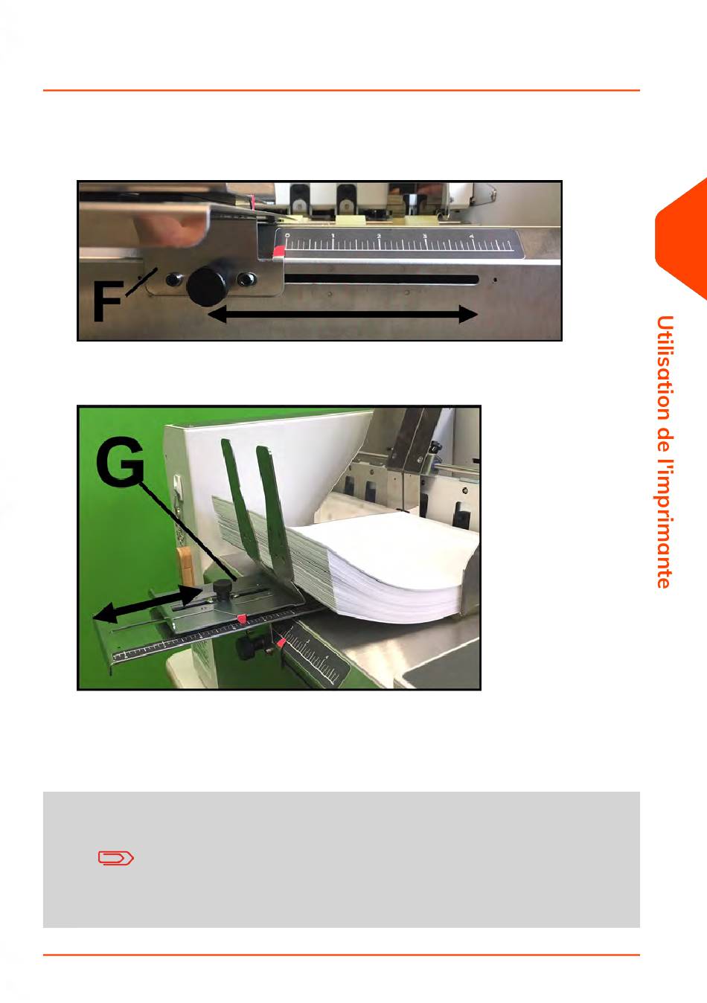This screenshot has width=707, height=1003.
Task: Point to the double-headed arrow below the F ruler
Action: pyautogui.click(x=342, y=314)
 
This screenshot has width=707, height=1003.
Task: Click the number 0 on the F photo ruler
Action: pyautogui.click(x=287, y=234)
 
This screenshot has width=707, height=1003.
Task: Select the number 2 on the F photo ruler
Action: pyautogui.click(x=379, y=236)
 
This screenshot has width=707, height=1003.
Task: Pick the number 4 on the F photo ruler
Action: pyautogui.click(x=472, y=237)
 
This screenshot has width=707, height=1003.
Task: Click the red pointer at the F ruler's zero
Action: pyautogui.click(x=278, y=251)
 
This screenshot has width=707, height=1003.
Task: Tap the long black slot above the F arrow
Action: pyautogui.click(x=382, y=280)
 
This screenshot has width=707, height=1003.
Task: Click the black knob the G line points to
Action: pyautogui.click(x=221, y=586)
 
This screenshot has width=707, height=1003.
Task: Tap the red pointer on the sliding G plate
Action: pyautogui.click(x=241, y=619)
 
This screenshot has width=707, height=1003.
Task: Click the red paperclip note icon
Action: pyautogui.click(x=116, y=858)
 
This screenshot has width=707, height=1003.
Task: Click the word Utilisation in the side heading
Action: pyautogui.click(x=665, y=368)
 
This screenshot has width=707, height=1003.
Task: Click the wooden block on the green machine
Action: pyautogui.click(x=185, y=566)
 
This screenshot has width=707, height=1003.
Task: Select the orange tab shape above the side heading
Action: pyautogui.click(x=681, y=240)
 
